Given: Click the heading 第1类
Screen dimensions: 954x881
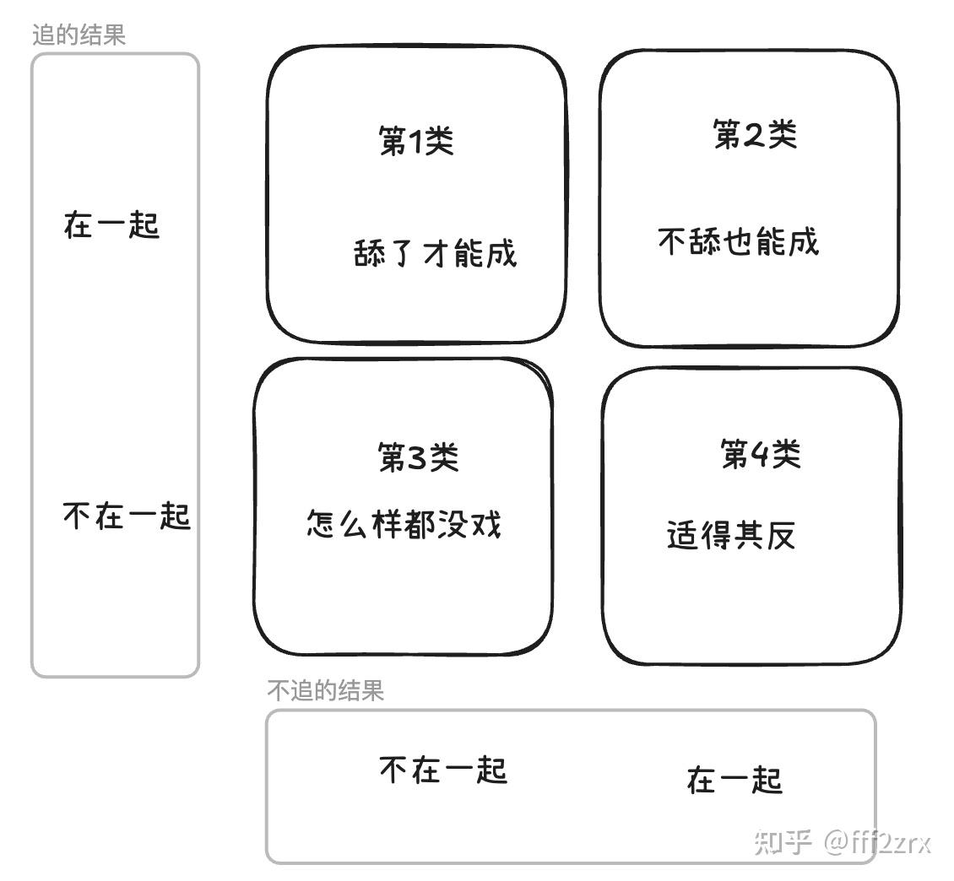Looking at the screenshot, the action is pos(416,140).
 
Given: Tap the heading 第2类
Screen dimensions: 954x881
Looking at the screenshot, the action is pos(755,133).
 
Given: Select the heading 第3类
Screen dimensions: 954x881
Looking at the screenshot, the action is pos(418,457).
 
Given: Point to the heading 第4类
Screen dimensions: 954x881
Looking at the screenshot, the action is pos(760,454).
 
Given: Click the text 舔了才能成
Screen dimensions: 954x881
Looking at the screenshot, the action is pos(435,252).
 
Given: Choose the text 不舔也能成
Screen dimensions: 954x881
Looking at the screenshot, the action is pos(738,241).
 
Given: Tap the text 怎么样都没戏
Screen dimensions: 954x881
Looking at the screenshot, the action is pos(404,524).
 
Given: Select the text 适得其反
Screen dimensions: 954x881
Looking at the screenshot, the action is pos(731,535).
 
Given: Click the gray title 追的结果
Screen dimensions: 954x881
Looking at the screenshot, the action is pos(79,35).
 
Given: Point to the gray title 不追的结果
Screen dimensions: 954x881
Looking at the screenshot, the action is pos(325,690).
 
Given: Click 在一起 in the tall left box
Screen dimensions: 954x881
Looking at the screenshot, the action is pos(111,225).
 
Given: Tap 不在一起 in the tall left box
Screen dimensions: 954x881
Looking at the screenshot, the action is pos(127,516).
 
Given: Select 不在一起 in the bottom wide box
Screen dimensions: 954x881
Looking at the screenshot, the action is pos(443,770).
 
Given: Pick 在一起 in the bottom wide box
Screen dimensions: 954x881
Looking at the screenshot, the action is pos(734,780).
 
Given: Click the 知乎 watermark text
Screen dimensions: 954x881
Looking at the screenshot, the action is pos(783,841).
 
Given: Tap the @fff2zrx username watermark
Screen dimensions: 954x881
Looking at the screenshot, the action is pos(878,841).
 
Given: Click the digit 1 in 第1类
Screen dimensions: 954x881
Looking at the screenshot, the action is pos(416,141).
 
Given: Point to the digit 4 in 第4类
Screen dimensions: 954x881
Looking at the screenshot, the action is pos(759,455).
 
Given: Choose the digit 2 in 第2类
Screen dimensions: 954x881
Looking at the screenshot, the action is pos(754,134).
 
